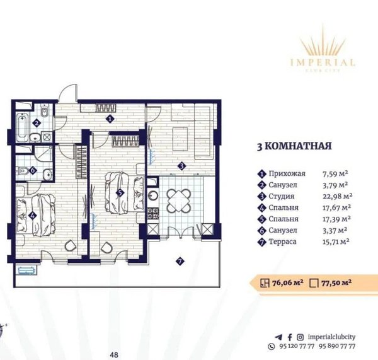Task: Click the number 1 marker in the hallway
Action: click(110, 119)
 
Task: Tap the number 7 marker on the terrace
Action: click(180, 261)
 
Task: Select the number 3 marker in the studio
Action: click(181, 166)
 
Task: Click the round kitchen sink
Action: click(152, 195)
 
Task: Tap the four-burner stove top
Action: click(153, 213)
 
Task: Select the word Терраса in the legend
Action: click(282, 241)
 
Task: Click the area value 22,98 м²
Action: click(338, 196)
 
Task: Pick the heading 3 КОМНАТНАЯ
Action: click(294, 146)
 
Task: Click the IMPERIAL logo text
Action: click(323, 63)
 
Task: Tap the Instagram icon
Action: click(300, 337)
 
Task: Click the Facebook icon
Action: click(290, 337)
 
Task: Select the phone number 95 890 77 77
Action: click(337, 346)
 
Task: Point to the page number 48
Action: click(114, 355)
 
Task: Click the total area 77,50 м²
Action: click(336, 282)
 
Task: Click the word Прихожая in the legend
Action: click(287, 173)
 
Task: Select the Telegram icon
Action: click(278, 337)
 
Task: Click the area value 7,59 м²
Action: click(335, 173)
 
